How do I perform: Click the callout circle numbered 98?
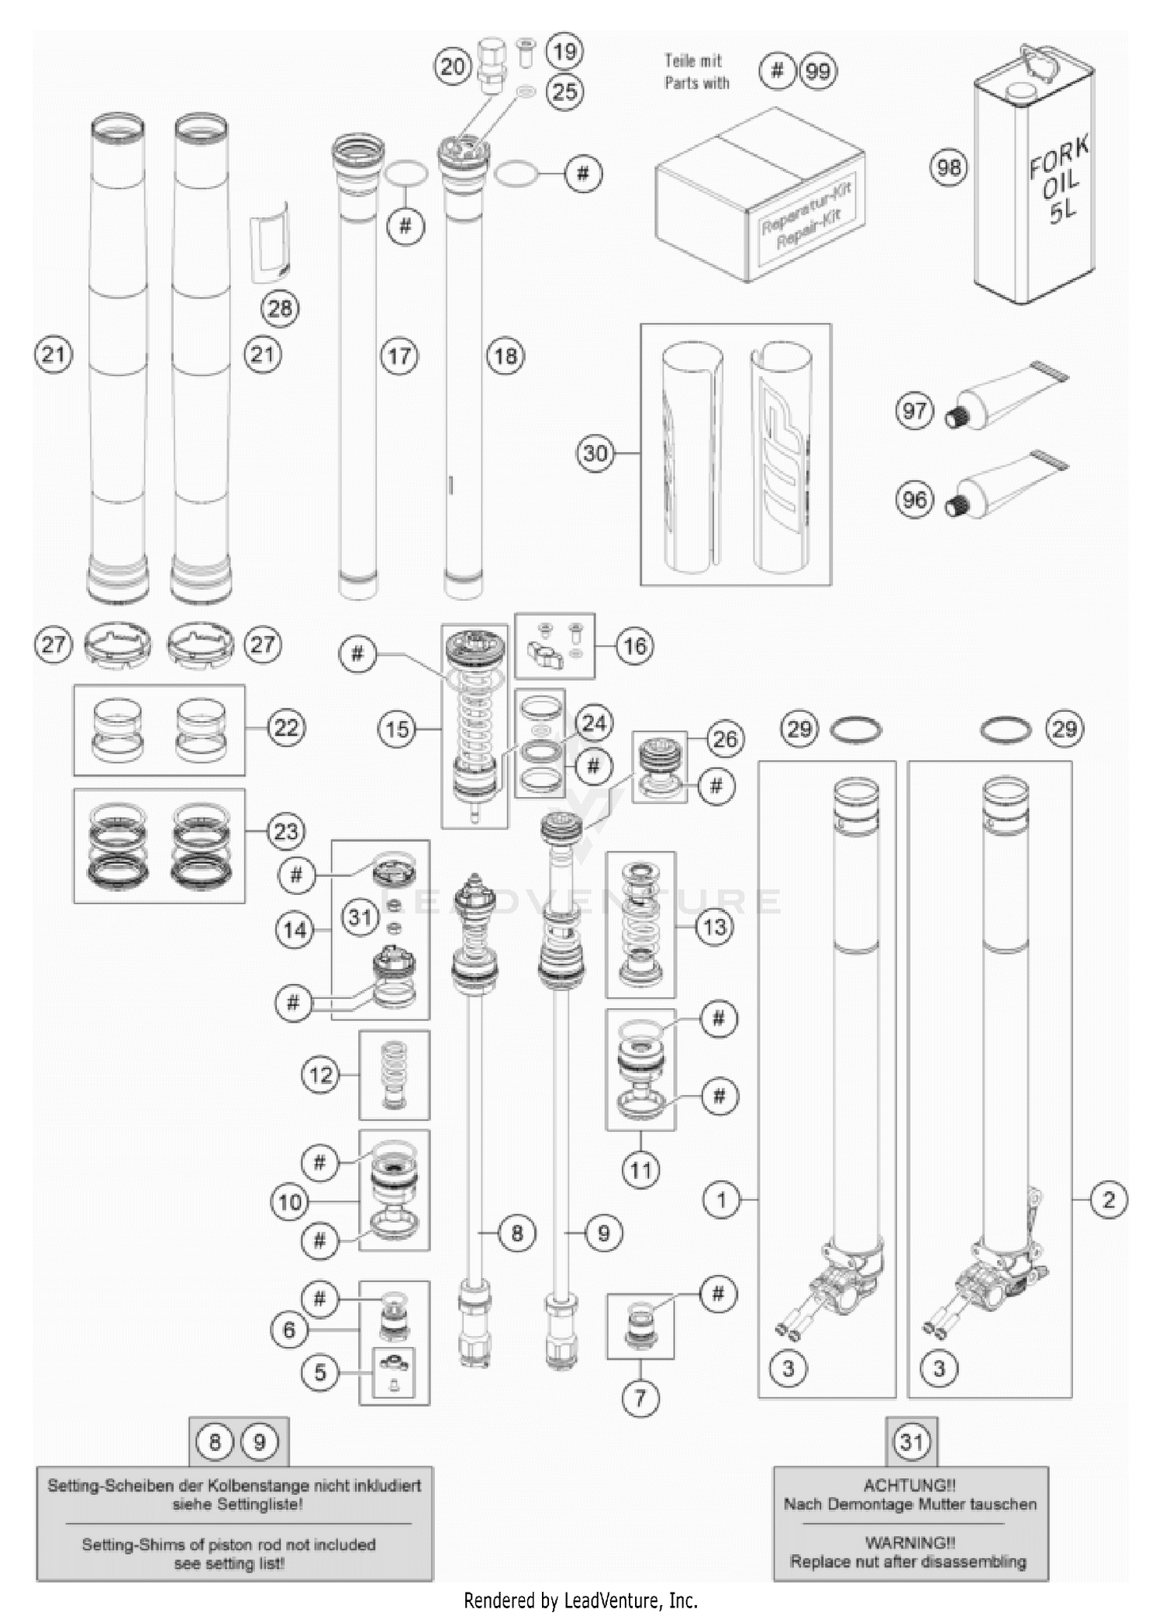click(x=949, y=167)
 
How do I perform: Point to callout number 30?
click(x=595, y=453)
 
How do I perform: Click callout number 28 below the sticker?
click(x=279, y=309)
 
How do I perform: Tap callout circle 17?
click(x=399, y=356)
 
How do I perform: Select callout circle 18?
click(x=506, y=356)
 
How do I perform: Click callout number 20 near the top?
click(x=453, y=67)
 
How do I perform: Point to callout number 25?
click(x=564, y=92)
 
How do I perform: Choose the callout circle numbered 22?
click(x=286, y=727)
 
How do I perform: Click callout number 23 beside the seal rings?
click(x=286, y=831)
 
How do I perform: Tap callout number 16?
click(x=635, y=646)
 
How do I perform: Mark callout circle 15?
click(x=398, y=729)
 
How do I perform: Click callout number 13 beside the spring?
click(x=714, y=927)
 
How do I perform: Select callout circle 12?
click(x=320, y=1075)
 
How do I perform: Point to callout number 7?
click(x=640, y=1398)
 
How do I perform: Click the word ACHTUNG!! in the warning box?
click(x=909, y=1486)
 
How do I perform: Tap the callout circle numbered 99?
click(x=818, y=71)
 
